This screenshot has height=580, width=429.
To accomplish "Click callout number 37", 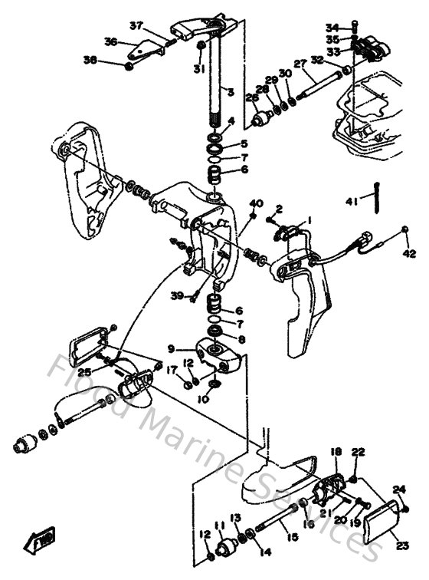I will coord(136,25).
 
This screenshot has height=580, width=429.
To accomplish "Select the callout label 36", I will coord(111,42).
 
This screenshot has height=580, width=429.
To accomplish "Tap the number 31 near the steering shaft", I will coord(198,69).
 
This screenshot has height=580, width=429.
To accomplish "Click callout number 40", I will coord(256,203).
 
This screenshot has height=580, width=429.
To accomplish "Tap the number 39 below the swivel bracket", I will coord(177,296).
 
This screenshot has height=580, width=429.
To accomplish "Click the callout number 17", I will coord(173,369).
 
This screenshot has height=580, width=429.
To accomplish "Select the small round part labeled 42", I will coord(404,230).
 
